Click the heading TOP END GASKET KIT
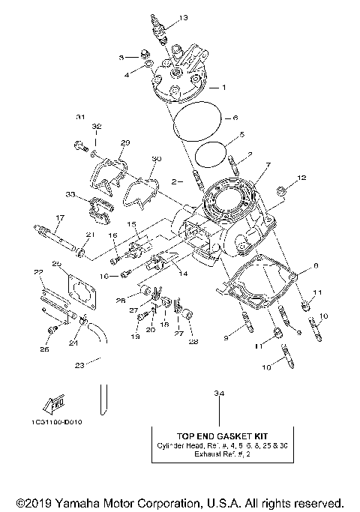pyautogui.click(x=217, y=434)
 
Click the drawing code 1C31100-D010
pyautogui.click(x=58, y=422)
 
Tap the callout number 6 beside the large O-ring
pyautogui.click(x=235, y=118)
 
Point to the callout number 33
pyautogui.click(x=69, y=194)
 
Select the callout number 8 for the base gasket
pyautogui.click(x=316, y=265)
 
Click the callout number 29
pyautogui.click(x=125, y=142)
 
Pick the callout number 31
pyautogui.click(x=80, y=116)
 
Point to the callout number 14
pyautogui.click(x=182, y=274)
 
